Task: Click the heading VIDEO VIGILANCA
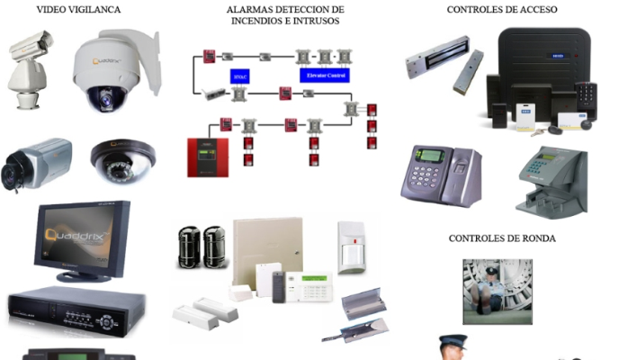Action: (78, 9)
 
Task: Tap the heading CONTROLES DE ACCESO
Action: (502, 9)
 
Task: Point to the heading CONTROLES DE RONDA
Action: (501, 238)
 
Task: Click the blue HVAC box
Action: (238, 76)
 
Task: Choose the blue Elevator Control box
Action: (324, 76)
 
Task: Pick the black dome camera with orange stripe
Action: (124, 157)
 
